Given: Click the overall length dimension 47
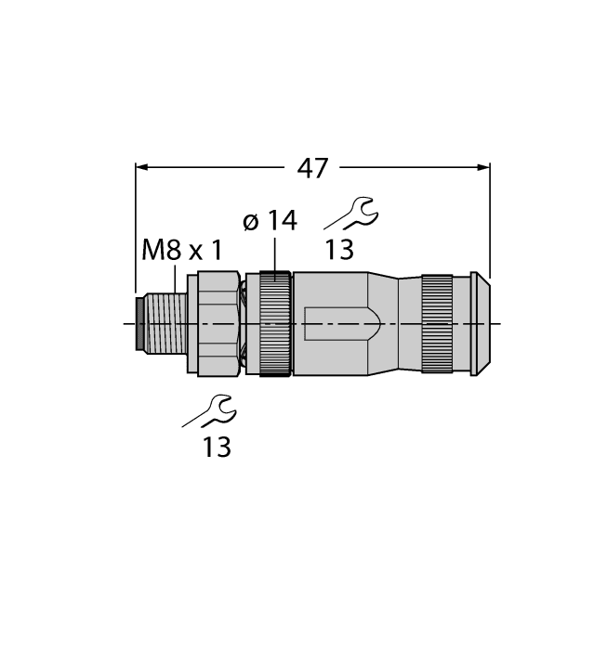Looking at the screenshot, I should [312, 168].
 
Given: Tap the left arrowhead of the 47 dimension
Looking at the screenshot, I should [142, 168].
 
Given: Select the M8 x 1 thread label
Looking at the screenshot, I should [182, 250].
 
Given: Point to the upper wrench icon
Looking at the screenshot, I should [352, 214].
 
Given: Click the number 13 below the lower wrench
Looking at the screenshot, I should [216, 448].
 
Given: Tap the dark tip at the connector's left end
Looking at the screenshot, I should [139, 323].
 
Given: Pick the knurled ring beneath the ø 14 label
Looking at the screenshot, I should [275, 323].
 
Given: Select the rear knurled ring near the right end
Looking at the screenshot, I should [437, 323].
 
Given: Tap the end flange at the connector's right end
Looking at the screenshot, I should [479, 323].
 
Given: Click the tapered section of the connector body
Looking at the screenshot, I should [383, 323].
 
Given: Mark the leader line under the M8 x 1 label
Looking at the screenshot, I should [176, 279].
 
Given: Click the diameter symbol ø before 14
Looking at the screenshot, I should [250, 222].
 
